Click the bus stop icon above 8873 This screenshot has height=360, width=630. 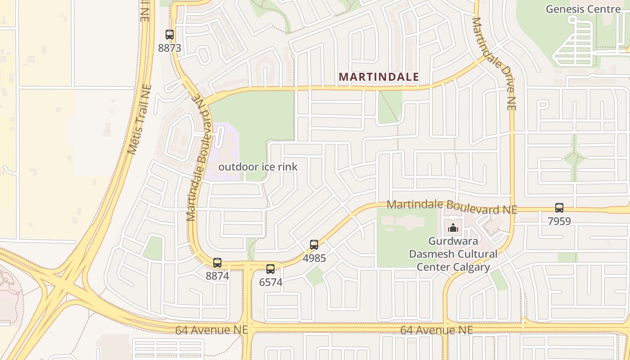coord(169,34)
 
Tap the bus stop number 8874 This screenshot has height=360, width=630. coord(217,276)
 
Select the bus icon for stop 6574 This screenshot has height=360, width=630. coord(270,269)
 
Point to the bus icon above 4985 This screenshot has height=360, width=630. coord(314,245)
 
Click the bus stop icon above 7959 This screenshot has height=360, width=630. coord(559,208)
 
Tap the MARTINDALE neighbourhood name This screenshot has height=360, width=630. coord(378,77)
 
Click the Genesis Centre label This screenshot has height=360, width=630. coord(583,9)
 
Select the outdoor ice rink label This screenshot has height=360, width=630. coord(258,167)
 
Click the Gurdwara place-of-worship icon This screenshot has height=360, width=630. coord(453,228)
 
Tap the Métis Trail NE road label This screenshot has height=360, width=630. coord(140,119)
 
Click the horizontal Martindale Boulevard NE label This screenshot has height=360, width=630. coord(451,207)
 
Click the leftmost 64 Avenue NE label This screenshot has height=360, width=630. coord(211,330)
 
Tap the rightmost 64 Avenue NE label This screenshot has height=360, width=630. coord(436,330)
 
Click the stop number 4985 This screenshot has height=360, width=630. coord(314,258)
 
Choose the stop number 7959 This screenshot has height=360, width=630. coord(559,221)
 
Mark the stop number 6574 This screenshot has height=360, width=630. coord(270,282)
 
